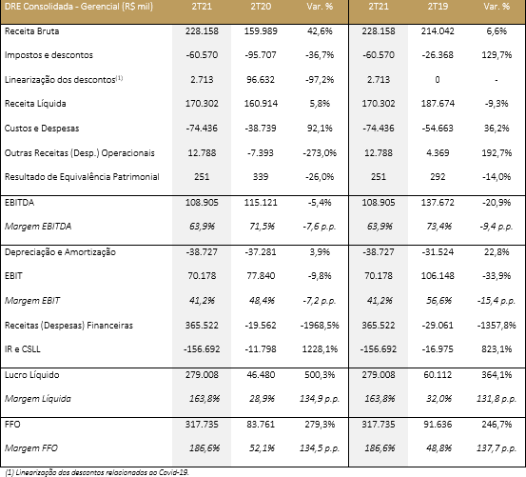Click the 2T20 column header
point(261,7)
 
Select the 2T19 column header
point(438,7)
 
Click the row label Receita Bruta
point(32,31)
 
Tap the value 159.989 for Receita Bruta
point(261,31)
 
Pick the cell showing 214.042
point(438,31)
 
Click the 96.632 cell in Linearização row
point(261,80)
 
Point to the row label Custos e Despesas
point(42,129)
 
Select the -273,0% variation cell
point(320,153)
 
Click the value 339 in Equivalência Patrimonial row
point(261,177)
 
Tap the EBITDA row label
point(19,203)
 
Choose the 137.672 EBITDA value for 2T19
point(438,203)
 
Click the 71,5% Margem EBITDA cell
point(262,227)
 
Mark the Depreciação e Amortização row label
point(60,252)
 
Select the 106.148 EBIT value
point(438,276)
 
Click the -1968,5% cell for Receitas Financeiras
point(320,326)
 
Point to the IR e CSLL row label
point(23,349)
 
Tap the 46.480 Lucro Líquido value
point(261,375)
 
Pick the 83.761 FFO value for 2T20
point(261,425)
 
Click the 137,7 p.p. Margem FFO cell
point(497,448)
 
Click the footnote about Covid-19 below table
point(97,472)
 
